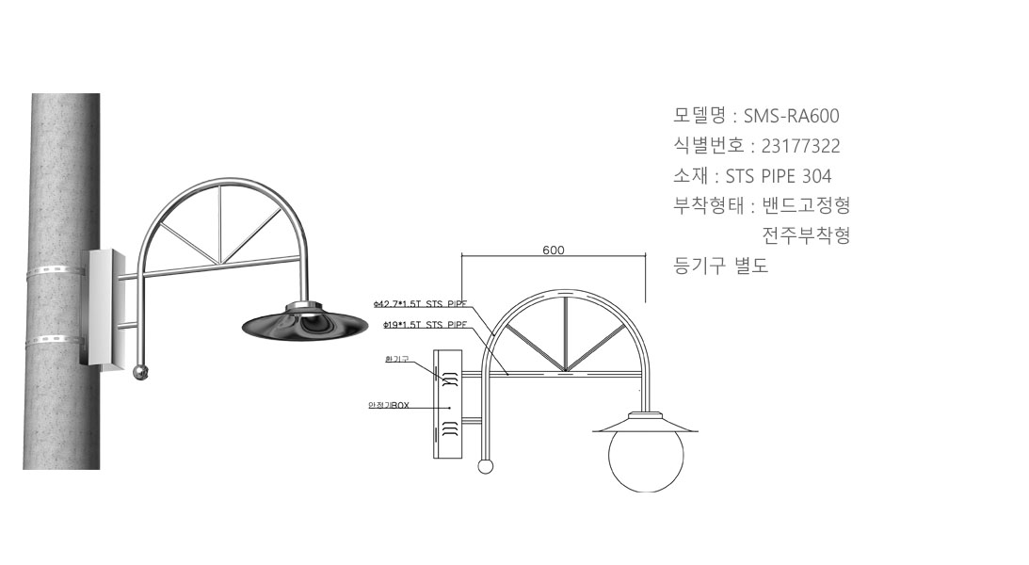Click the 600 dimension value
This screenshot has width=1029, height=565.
[554, 250]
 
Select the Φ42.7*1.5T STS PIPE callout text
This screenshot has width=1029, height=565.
[420, 304]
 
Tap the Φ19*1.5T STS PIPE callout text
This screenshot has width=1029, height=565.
[426, 324]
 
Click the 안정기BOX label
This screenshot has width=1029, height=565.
[388, 406]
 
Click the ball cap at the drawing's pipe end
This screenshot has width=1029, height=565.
[486, 465]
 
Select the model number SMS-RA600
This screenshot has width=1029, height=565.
[791, 117]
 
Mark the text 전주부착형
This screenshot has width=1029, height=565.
[806, 235]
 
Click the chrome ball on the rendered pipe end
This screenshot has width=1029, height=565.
[141, 372]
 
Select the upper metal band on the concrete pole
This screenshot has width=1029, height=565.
[56, 271]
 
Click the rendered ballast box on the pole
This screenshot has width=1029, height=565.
[101, 306]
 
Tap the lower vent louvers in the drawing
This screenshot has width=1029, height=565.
[450, 430]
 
